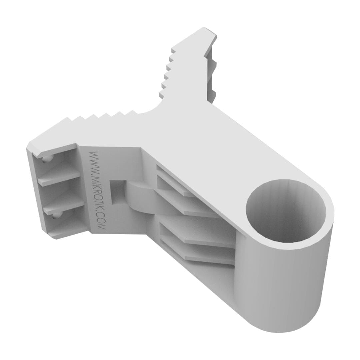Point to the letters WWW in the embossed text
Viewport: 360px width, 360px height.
point(93,160)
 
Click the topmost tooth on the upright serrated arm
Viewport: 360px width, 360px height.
point(174,50)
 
